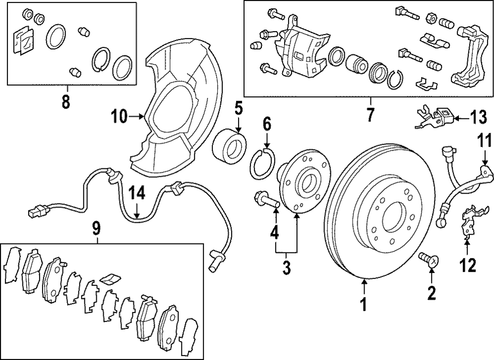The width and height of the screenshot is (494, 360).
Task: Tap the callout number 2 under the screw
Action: point(432,293)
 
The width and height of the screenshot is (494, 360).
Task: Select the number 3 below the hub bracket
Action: point(287,269)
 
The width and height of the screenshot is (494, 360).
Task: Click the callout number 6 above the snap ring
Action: point(267,124)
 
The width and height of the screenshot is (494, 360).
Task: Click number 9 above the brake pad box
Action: point(96,228)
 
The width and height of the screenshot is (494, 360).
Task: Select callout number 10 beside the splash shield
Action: point(119,117)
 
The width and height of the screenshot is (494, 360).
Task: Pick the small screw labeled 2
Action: point(427,259)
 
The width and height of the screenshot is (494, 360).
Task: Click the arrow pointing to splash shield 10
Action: point(136,117)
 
